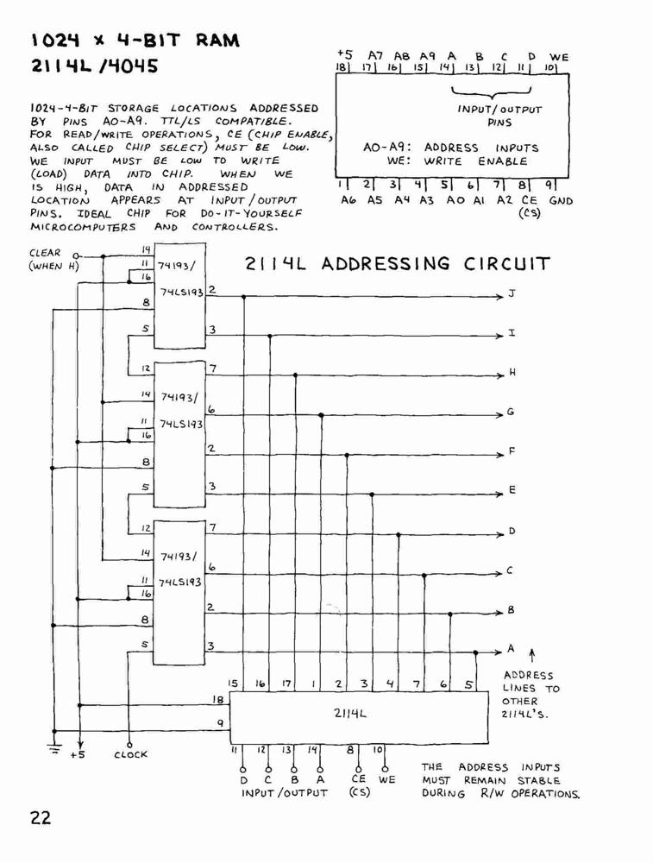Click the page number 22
click(x=41, y=817)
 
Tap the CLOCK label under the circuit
click(x=130, y=754)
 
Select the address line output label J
click(x=512, y=293)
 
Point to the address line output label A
click(x=511, y=648)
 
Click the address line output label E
click(x=512, y=490)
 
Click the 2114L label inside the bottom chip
click(x=349, y=714)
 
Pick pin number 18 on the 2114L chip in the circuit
click(x=218, y=700)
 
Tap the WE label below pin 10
click(x=386, y=779)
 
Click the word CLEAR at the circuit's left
click(x=45, y=253)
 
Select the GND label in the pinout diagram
click(x=561, y=200)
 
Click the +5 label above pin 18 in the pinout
click(x=345, y=54)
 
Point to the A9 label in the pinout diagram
click(x=428, y=56)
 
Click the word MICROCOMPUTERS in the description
click(x=83, y=227)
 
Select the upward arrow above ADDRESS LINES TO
click(x=531, y=656)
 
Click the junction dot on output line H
click(x=295, y=375)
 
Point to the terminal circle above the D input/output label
click(x=242, y=769)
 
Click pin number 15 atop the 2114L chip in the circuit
click(x=233, y=683)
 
